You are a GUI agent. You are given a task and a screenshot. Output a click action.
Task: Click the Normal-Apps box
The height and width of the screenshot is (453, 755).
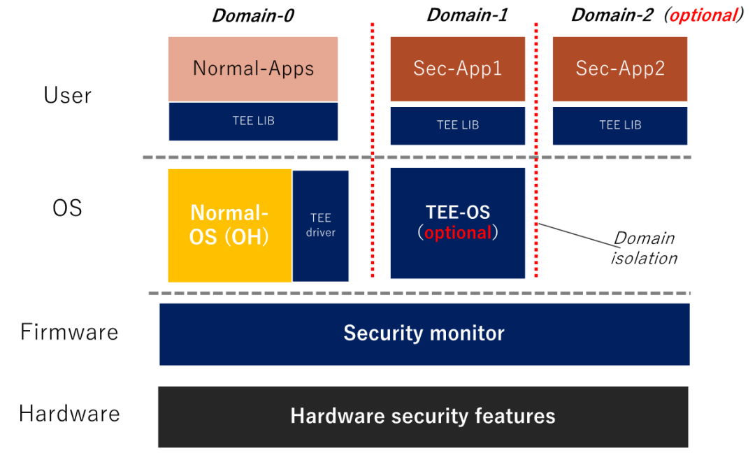[253, 69]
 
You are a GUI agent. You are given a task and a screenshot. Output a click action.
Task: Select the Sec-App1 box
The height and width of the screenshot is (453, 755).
[457, 69]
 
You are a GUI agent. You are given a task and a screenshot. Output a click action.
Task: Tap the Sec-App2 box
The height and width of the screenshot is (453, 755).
[620, 69]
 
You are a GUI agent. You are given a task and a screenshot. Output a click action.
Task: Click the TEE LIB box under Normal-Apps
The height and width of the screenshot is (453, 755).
[253, 121]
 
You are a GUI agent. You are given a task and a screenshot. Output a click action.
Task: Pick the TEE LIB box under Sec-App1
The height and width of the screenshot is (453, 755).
[457, 125]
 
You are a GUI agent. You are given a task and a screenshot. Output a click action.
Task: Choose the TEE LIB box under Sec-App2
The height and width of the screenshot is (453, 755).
[620, 125]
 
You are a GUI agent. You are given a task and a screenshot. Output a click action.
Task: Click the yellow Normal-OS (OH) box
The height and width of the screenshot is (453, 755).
[229, 225]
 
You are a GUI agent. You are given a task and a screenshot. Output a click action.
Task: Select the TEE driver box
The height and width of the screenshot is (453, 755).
[321, 225]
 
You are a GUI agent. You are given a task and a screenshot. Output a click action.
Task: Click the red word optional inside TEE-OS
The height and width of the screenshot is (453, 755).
[458, 233]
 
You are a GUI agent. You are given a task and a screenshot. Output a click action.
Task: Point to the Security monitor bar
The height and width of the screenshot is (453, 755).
[424, 333]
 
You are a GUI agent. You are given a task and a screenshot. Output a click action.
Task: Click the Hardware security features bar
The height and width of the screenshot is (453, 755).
[423, 416]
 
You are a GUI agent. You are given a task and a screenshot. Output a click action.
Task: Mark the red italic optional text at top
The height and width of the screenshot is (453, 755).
[703, 15]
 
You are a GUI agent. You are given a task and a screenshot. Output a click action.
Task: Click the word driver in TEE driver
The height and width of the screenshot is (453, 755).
[321, 233]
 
